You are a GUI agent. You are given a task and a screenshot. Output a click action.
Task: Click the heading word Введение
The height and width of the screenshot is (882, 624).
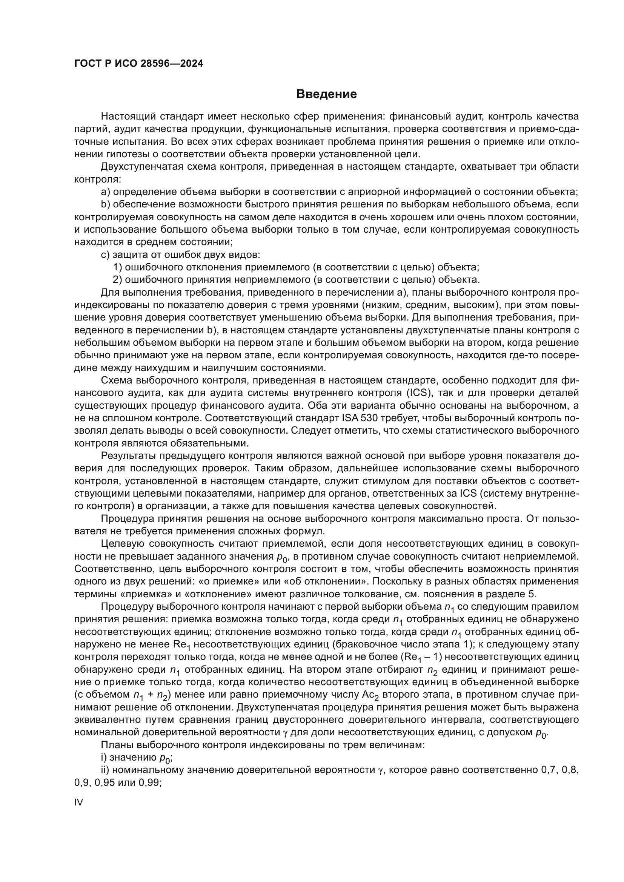326,94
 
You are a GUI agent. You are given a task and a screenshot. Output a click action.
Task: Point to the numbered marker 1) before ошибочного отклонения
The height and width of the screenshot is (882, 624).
118,267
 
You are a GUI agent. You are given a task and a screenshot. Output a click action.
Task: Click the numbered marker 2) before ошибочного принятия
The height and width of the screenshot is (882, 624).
118,280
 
